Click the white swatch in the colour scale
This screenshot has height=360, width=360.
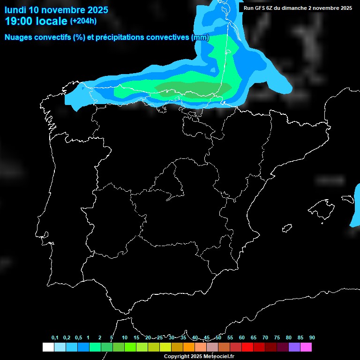click(x=48, y=347)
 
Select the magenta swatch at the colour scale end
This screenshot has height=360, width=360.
click(x=306, y=347)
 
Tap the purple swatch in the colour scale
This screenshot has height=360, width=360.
click(x=294, y=347)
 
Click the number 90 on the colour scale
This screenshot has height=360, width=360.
click(x=312, y=337)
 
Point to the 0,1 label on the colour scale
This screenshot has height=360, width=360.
click(x=55, y=337)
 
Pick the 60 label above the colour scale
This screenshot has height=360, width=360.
click(x=241, y=337)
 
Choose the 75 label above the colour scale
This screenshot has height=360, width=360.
click(x=277, y=337)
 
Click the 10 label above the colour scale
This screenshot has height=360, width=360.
click(x=124, y=337)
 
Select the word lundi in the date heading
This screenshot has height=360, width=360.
click(x=15, y=10)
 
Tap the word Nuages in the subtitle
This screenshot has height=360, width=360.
click(x=17, y=37)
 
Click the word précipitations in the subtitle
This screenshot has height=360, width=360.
click(x=118, y=37)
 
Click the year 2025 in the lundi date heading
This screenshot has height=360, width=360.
click(x=96, y=10)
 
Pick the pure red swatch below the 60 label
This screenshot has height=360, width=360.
click(x=247, y=347)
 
